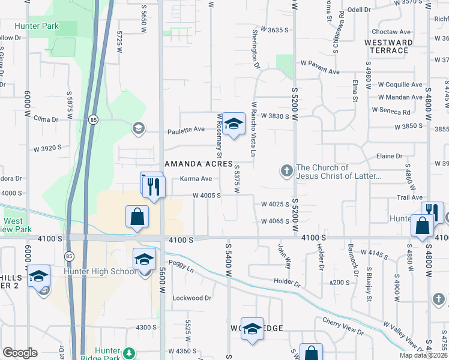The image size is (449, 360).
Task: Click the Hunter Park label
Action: (37, 26)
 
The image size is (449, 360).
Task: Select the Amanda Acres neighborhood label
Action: (198, 163)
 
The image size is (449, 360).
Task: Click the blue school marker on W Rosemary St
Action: (235, 124)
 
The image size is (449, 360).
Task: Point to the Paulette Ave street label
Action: (186, 129)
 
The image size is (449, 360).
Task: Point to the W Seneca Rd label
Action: (391, 111)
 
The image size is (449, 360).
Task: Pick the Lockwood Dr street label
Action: (192, 298)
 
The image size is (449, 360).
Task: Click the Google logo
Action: (20, 352)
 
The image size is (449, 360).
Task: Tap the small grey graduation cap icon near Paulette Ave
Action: (139, 127)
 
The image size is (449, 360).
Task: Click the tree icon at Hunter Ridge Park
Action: (129, 352)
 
